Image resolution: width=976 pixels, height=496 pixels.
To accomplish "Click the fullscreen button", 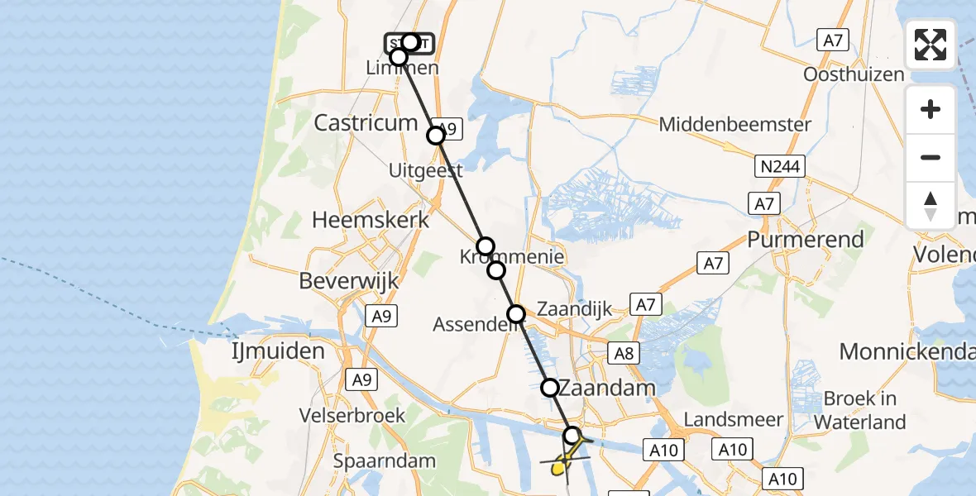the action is tap(931, 45).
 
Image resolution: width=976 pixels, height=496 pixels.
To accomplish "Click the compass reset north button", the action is tap(931, 205).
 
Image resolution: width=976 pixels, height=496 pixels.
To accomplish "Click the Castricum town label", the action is tap(366, 123).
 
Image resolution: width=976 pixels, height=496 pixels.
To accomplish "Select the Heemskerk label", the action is tap(371, 220).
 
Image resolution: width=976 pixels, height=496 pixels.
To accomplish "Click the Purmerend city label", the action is tap(805, 240).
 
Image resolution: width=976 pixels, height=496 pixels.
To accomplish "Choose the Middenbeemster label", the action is tap(735, 125).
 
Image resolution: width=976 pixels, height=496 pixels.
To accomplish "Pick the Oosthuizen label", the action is tap(854, 74).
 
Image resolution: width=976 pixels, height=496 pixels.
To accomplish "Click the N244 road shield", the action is tap(779, 167).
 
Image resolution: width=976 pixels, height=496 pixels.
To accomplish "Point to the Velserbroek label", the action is tap(352, 414).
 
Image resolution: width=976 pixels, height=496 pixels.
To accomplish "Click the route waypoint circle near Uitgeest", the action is tap(436, 136).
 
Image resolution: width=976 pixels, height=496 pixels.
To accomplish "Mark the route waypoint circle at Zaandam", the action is tap(550, 387).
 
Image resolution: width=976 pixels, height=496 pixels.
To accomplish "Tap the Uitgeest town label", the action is tap(427, 170).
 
